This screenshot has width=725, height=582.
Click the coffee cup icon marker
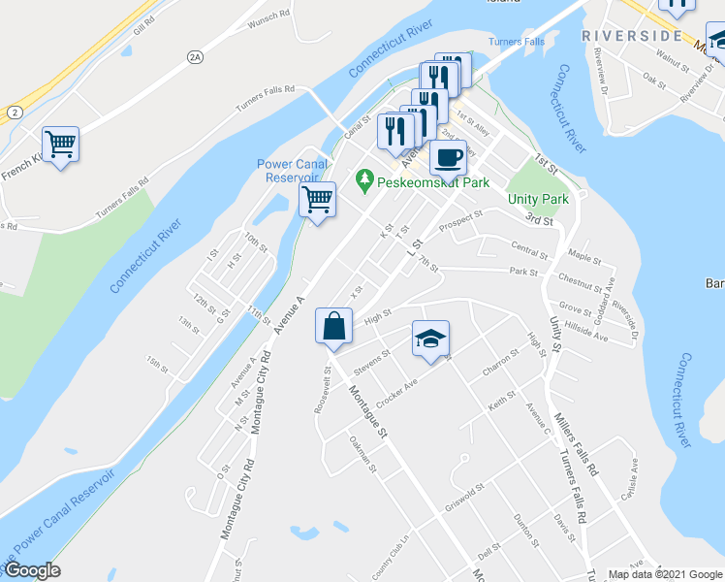(x=448, y=156)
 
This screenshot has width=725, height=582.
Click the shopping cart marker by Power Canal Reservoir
(x=317, y=201)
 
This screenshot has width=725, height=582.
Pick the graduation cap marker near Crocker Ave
(x=430, y=339)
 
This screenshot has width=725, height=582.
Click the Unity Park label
(x=538, y=198)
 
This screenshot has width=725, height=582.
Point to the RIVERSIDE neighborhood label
(x=632, y=36)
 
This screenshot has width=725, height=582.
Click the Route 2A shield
(x=195, y=57)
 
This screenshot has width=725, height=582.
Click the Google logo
(x=32, y=570)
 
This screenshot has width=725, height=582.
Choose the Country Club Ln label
(x=393, y=556)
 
